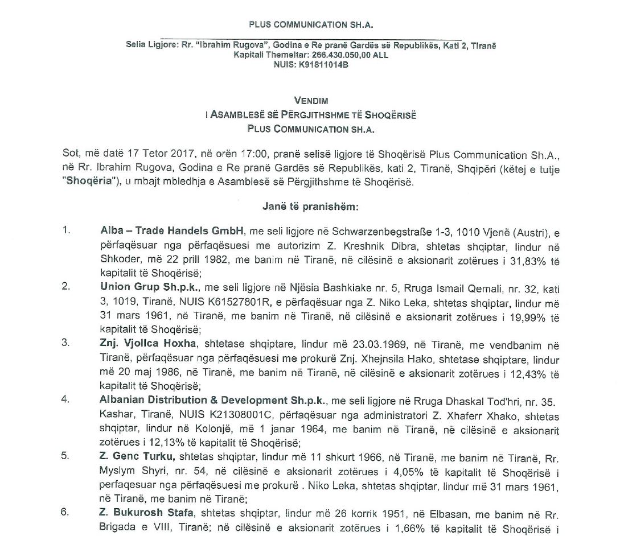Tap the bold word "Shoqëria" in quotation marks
(x=84, y=183)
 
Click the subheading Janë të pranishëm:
(x=311, y=208)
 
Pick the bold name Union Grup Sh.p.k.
(x=142, y=287)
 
